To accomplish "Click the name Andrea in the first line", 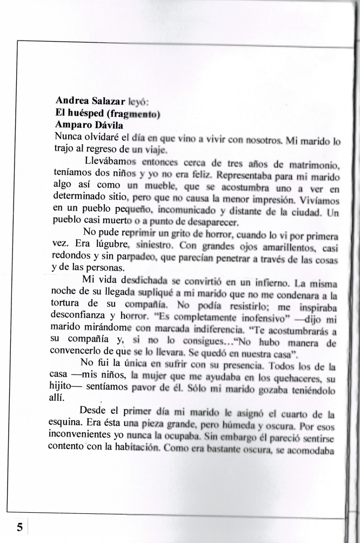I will click(72, 100).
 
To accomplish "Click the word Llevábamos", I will click(111, 160).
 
